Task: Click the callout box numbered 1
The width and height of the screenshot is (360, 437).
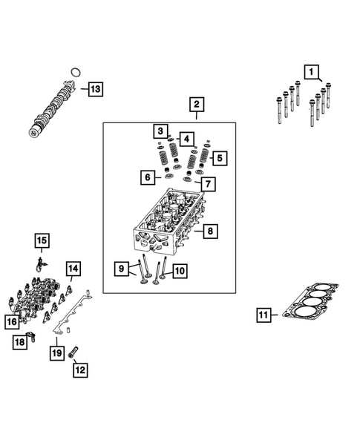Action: pos(312,73)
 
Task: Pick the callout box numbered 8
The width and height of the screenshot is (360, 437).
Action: pos(210,232)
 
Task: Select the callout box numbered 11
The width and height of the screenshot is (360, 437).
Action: pos(263,316)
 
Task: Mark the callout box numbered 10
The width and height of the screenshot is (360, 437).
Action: pos(179,272)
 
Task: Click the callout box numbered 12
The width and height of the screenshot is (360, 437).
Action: pos(79,369)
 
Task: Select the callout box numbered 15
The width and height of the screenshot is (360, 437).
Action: pos(42,240)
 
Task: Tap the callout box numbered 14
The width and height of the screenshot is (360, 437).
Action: pos(73,268)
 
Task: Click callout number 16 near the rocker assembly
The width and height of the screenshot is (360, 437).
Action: pos(12,321)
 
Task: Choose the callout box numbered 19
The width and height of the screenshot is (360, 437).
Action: pos(57,353)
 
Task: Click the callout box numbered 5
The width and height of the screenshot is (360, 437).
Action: pos(217,158)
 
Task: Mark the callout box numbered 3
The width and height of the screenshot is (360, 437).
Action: pos(160,132)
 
